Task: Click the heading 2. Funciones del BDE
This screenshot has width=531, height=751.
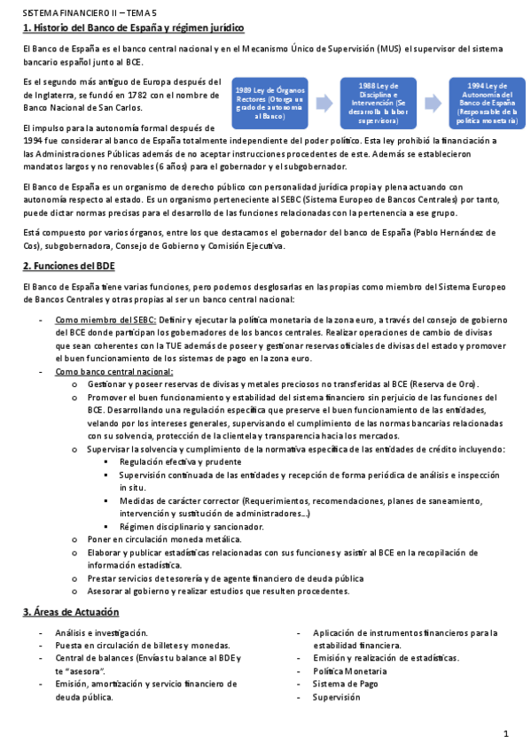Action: pyautogui.click(x=68, y=266)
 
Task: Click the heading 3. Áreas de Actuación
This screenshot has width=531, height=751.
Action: pyautogui.click(x=71, y=612)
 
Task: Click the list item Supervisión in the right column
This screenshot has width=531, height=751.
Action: pyautogui.click(x=336, y=697)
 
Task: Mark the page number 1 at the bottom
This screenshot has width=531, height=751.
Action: pyautogui.click(x=505, y=734)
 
